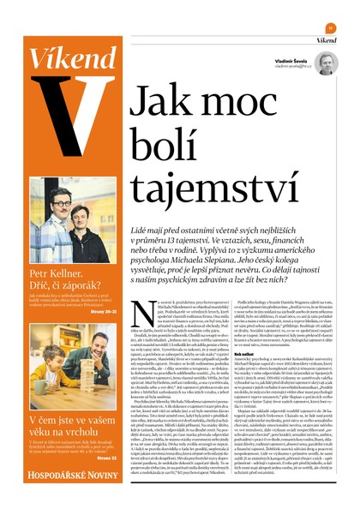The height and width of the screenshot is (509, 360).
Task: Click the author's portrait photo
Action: (x=326, y=63)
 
